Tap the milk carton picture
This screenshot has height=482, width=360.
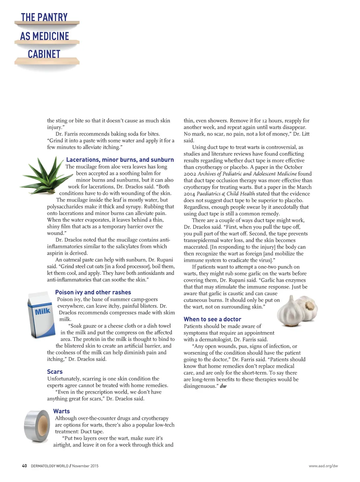(x=41, y=313)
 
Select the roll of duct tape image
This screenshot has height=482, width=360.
(x=37, y=426)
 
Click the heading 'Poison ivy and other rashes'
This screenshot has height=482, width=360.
(x=93, y=292)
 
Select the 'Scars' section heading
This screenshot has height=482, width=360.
(x=55, y=372)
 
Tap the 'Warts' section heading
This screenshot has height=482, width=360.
(x=62, y=411)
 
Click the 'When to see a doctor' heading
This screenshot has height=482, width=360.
(x=212, y=319)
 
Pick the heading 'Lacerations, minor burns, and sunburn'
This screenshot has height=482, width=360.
(x=120, y=160)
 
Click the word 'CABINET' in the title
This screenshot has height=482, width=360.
(x=44, y=54)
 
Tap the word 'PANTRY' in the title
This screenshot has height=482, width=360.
(x=52, y=17)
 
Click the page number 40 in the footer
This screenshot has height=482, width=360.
(x=24, y=466)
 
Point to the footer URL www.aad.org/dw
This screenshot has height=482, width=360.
(x=323, y=466)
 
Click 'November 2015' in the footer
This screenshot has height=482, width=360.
(x=85, y=466)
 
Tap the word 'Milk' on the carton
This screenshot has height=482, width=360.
(x=43, y=311)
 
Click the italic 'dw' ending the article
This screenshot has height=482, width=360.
(x=223, y=386)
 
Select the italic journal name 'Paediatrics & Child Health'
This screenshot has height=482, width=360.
(x=226, y=194)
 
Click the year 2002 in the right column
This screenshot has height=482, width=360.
(x=190, y=174)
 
